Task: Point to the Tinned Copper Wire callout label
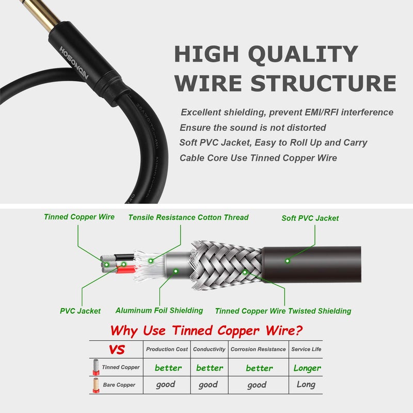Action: click(79, 217)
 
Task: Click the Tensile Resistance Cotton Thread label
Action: click(188, 217)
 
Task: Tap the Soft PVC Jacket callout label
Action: click(310, 218)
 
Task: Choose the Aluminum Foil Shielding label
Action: click(159, 310)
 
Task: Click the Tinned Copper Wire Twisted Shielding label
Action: click(283, 311)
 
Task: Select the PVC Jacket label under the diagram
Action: click(80, 311)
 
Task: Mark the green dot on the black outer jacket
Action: click(288, 261)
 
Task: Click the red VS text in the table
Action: click(117, 350)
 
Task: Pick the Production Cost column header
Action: click(167, 350)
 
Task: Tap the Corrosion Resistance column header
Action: click(258, 350)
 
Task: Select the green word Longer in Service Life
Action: click(307, 368)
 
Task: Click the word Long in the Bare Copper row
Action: click(306, 385)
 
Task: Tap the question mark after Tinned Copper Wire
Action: click(298, 330)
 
